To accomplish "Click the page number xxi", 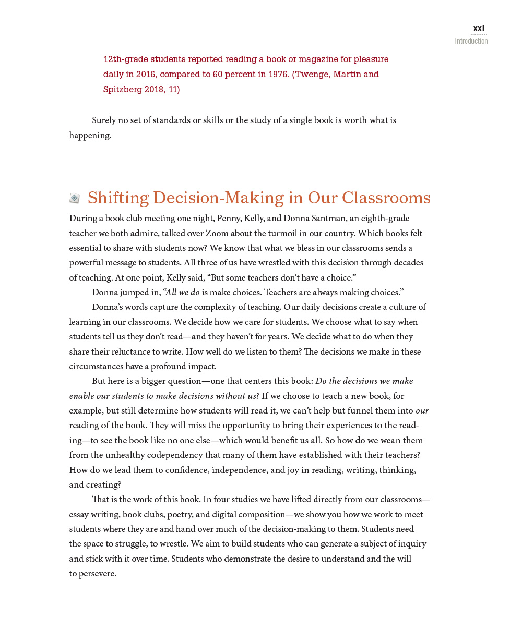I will (x=479, y=28).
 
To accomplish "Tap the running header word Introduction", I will (x=471, y=41).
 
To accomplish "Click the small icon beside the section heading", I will (x=75, y=198).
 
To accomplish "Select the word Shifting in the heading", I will (x=118, y=198).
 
